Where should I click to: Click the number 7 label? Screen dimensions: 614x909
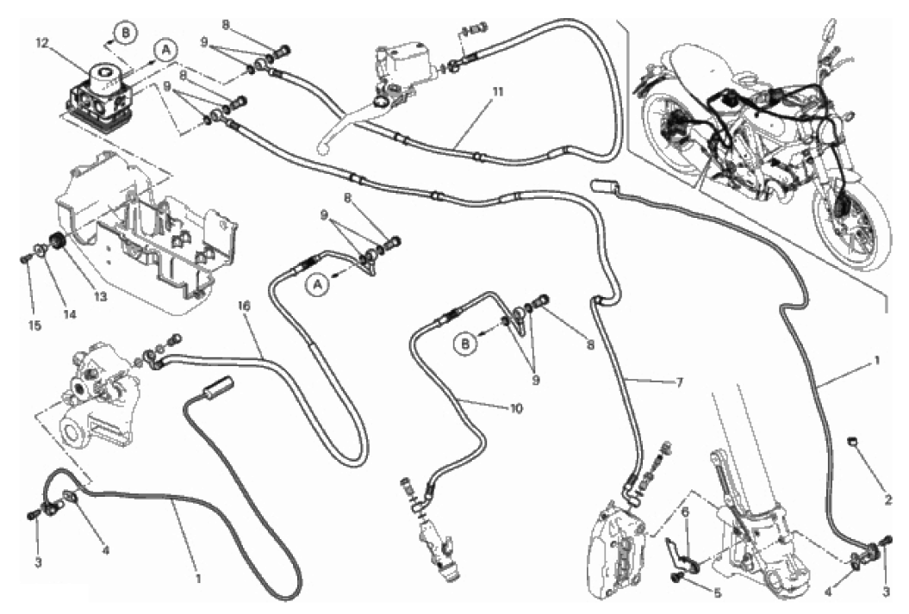[680, 381]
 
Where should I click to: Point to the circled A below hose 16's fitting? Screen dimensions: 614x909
[317, 284]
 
